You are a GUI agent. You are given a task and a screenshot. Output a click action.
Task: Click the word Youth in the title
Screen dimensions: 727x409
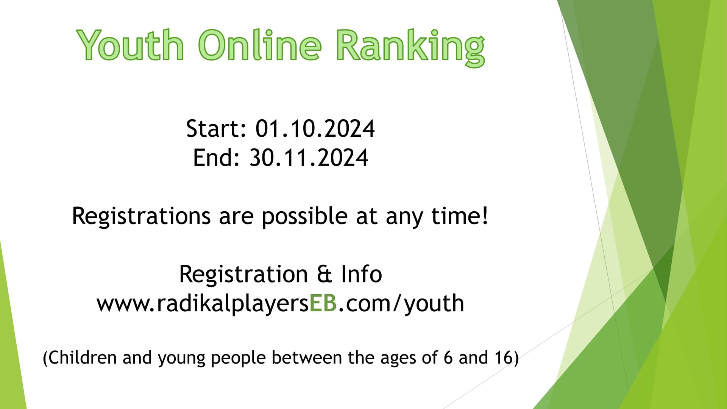[x=130, y=45]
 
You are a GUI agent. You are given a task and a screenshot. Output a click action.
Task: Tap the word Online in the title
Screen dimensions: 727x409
[x=260, y=45]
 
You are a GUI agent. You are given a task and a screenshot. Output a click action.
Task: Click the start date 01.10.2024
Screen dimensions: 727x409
[x=315, y=129]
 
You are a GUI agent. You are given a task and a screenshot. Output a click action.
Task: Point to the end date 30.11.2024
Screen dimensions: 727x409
[x=309, y=158]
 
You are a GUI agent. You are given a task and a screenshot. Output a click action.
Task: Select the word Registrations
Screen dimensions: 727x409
[x=141, y=217]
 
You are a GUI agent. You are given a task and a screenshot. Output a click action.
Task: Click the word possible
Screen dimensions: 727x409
[x=304, y=217]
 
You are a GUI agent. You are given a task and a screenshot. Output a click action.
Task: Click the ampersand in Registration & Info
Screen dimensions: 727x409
[x=324, y=274]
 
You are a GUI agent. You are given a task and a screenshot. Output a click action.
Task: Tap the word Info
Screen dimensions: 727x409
[x=362, y=274]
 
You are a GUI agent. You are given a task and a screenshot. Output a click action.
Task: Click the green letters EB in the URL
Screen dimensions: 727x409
[x=323, y=303]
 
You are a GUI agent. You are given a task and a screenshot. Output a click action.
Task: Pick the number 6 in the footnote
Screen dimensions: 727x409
[x=448, y=358]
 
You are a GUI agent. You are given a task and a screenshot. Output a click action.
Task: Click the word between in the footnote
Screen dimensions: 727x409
[x=307, y=358]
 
